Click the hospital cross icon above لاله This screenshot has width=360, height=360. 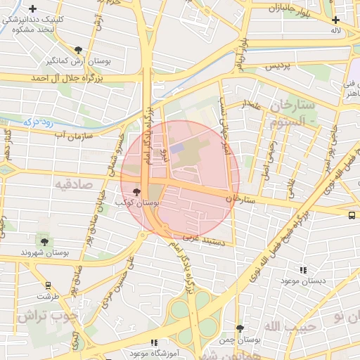point(336,20)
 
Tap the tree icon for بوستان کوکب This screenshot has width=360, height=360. point(136,191)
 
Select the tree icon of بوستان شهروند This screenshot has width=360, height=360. point(45,242)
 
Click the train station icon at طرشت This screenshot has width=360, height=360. point(48,285)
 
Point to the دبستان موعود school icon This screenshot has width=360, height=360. point(303,270)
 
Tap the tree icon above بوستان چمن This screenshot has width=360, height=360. point(240,328)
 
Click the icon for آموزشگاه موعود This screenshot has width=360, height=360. point(154,342)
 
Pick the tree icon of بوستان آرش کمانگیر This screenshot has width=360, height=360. point(78,50)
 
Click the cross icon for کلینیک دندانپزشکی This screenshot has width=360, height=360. point(33,8)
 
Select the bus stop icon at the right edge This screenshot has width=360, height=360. point(352,215)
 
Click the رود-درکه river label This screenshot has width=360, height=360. point(40,122)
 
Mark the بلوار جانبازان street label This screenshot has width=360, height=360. point(289,9)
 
